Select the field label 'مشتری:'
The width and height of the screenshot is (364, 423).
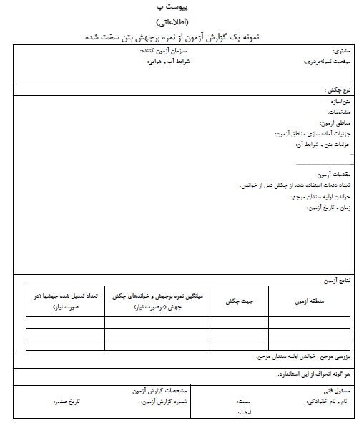click(x=343, y=52)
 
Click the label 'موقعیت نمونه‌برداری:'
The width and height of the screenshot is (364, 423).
click(x=328, y=62)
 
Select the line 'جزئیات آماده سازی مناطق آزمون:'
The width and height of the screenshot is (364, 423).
click(x=312, y=134)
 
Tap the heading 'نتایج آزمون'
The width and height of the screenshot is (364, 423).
click(x=335, y=281)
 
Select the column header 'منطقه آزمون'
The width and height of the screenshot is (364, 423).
click(x=310, y=302)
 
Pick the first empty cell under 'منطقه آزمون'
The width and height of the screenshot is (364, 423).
click(x=310, y=322)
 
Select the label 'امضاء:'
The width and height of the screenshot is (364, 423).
click(x=245, y=413)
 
